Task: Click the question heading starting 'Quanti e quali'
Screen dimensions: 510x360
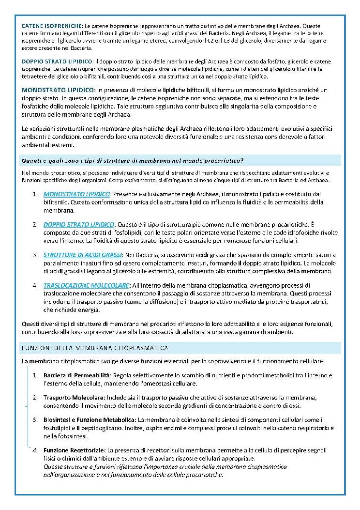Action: click(x=132, y=160)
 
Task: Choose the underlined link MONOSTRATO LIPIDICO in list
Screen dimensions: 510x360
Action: click(x=77, y=194)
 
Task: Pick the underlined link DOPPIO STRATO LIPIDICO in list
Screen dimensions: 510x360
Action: click(x=79, y=224)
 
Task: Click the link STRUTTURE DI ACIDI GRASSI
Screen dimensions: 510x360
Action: click(x=83, y=255)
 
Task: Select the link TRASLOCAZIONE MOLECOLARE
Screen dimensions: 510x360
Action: click(x=86, y=285)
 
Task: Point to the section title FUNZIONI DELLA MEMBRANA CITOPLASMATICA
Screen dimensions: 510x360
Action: click(x=95, y=348)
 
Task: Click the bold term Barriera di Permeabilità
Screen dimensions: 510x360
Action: click(x=77, y=375)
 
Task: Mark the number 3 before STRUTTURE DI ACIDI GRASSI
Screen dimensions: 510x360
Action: click(x=35, y=255)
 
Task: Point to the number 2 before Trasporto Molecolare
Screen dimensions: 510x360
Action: click(x=35, y=398)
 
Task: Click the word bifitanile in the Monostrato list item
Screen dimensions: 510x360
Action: click(x=57, y=202)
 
